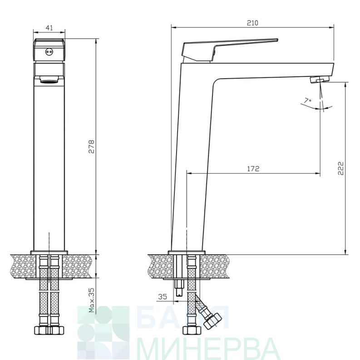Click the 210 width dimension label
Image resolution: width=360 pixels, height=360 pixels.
pyautogui.click(x=252, y=23)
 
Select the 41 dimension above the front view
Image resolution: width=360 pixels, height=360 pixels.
pyautogui.click(x=49, y=28)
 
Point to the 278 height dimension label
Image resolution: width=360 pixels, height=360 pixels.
pyautogui.click(x=91, y=146)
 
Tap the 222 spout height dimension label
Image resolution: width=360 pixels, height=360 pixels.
pyautogui.click(x=341, y=168)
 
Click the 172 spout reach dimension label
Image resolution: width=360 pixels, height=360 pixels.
pyautogui.click(x=253, y=169)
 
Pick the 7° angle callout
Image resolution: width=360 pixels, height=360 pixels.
pyautogui.click(x=308, y=100)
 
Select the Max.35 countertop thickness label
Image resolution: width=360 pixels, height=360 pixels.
pyautogui.click(x=92, y=300)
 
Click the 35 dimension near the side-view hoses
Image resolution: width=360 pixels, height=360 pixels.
pyautogui.click(x=163, y=296)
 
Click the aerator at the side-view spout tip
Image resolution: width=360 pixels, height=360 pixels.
pyautogui.click(x=320, y=79)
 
